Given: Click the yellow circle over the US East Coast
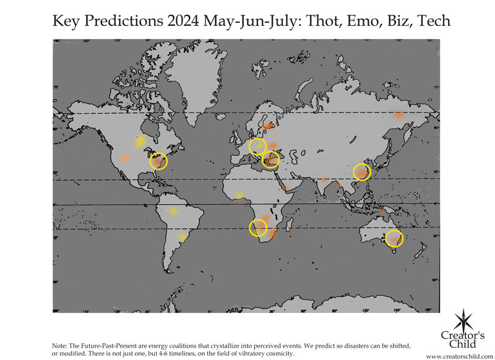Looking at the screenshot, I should (159, 161).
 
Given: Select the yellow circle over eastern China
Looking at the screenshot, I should (361, 171).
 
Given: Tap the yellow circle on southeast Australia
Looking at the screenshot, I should (394, 238).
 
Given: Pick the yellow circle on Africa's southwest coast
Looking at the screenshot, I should (258, 228).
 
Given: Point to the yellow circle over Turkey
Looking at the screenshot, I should (270, 160).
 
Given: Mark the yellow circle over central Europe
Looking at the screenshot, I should (257, 147).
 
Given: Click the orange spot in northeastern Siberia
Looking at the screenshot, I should (399, 114).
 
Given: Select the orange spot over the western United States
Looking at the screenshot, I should (126, 158).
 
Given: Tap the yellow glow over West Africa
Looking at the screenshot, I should (239, 195).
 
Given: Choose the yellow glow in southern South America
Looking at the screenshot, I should (181, 237).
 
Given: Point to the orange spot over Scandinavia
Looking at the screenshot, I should (267, 126).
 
